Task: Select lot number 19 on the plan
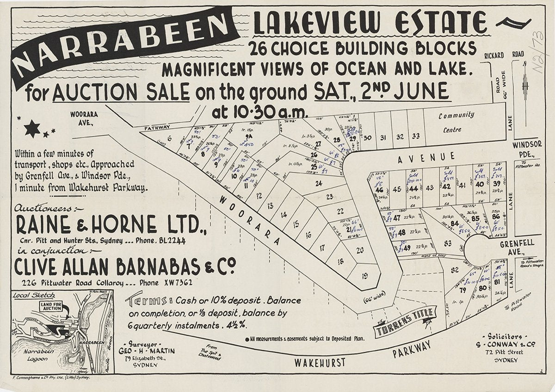364,277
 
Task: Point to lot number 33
415,137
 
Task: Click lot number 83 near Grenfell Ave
447,243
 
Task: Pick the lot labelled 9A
248,137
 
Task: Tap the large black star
32,129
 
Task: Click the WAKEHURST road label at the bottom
320,362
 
